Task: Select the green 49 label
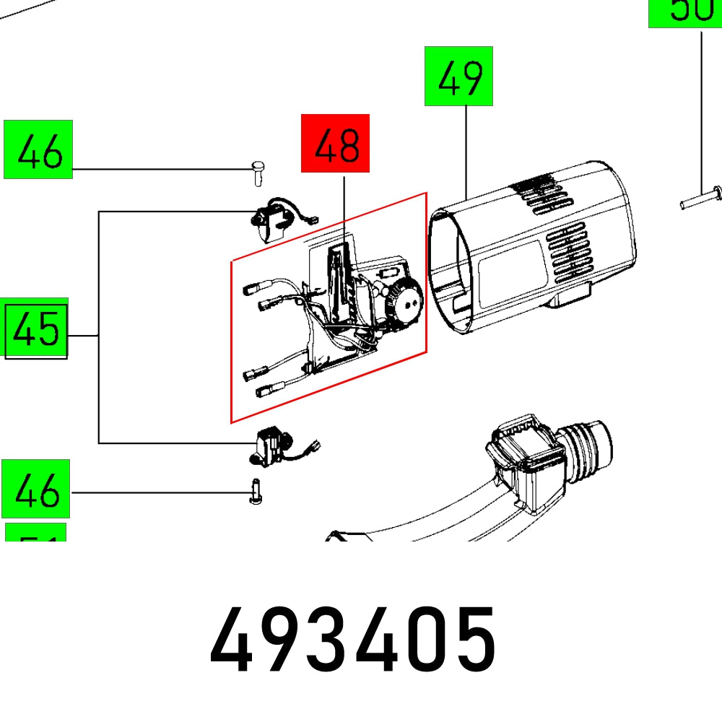[458, 76]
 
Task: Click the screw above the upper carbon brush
[258, 170]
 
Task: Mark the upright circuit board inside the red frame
[337, 285]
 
